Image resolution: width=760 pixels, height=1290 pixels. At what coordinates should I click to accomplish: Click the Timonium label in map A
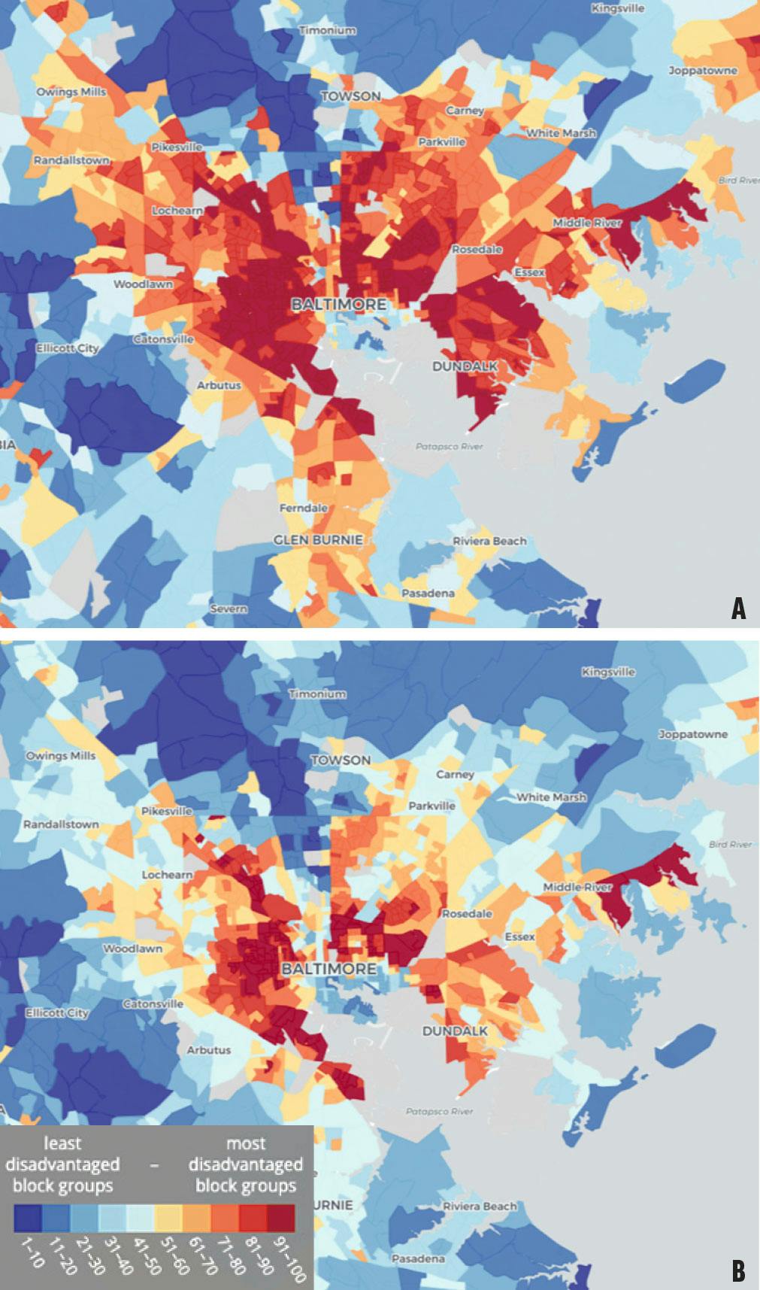point(327,31)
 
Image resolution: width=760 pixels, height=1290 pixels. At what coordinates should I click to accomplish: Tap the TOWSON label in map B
point(341,760)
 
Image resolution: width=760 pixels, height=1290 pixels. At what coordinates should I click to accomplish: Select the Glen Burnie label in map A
point(317,540)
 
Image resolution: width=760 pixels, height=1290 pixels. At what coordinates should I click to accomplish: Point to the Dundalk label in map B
point(455,1031)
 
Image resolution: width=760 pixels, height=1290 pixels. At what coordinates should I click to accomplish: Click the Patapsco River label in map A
point(450,447)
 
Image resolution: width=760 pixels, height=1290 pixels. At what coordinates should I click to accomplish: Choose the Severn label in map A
point(229,609)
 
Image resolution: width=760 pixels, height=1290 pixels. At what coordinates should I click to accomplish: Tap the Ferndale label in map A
point(304,508)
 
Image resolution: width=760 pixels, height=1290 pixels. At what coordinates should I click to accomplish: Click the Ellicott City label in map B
point(57,1013)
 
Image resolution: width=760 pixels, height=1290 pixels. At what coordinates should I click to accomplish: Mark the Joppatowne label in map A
point(703,71)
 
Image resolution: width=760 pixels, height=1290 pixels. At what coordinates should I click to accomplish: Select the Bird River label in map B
point(730,845)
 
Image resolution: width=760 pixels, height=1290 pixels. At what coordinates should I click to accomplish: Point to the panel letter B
point(738,1271)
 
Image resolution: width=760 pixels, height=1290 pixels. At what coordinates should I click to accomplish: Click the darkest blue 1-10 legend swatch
point(28,1218)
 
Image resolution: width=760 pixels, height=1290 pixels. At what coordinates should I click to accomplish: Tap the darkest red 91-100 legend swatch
point(281,1218)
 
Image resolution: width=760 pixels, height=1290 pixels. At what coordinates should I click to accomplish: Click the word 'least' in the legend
point(62,1143)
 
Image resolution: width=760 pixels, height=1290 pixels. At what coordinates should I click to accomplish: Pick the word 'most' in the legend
point(246,1143)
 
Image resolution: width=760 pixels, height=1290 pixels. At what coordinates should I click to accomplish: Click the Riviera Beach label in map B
point(480,1207)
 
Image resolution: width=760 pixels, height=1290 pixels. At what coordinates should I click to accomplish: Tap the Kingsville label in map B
point(607,672)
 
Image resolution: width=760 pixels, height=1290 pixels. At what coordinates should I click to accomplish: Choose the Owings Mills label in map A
point(71,92)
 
